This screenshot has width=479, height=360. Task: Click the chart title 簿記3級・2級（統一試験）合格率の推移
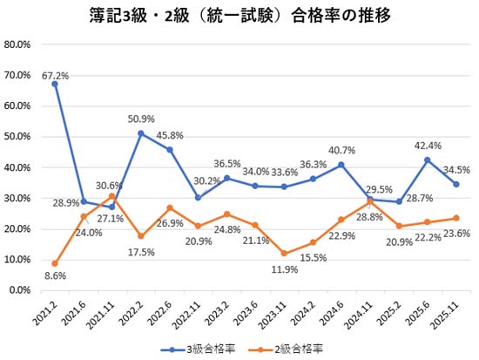[239, 15]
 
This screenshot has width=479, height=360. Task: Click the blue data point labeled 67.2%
[55, 84]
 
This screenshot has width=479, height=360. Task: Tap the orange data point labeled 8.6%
[55, 263]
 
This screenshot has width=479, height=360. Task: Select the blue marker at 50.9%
[140, 133]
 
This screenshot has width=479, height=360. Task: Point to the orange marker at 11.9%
[283, 253]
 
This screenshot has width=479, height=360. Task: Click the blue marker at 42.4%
[427, 160]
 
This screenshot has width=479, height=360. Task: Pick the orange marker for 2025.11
[455, 218]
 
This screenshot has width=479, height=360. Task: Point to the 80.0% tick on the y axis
[18, 44]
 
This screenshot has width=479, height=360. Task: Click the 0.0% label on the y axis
[21, 290]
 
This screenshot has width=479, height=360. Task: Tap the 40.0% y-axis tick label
[18, 167]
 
